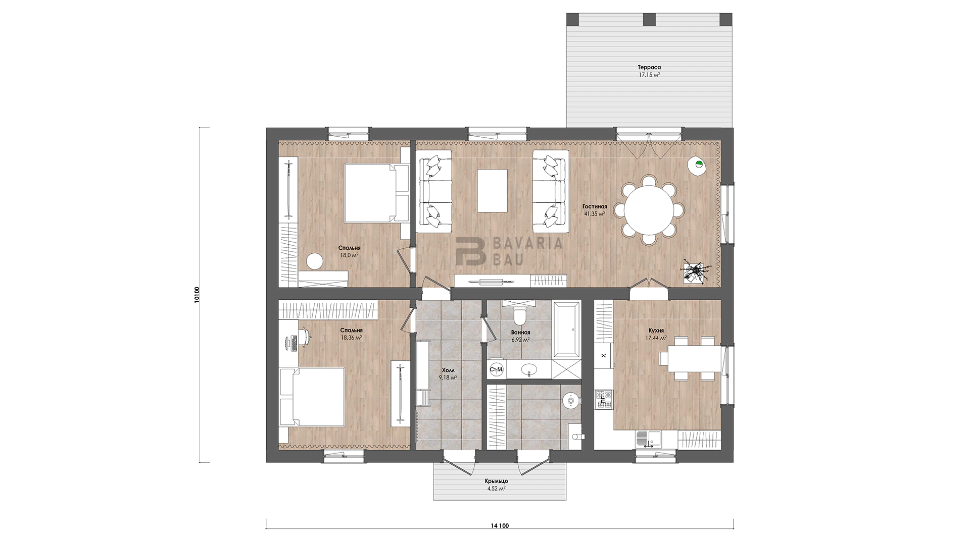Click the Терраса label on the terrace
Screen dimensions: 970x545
point(649,67)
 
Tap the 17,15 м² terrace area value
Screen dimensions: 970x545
point(649,75)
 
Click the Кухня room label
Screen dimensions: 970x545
point(656,331)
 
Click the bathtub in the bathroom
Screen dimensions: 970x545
point(567,330)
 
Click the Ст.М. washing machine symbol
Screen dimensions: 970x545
point(496,370)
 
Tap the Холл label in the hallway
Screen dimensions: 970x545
point(448,370)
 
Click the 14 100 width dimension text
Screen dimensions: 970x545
point(499,526)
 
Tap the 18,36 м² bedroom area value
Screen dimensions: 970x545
point(351,338)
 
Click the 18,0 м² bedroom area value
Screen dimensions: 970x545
point(350,255)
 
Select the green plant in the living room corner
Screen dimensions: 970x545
point(699,163)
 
